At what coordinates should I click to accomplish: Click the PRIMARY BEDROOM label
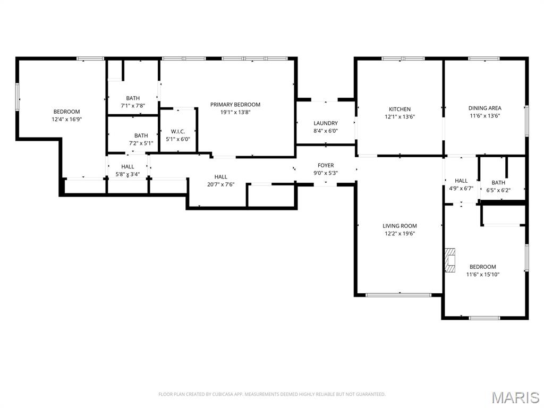(235, 105)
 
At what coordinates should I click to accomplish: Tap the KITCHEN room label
(399, 109)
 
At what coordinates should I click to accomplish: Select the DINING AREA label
(484, 108)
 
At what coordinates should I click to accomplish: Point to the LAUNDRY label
(326, 123)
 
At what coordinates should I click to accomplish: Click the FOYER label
(326, 166)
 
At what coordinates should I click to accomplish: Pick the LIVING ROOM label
(399, 226)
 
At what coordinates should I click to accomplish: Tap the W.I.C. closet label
(177, 132)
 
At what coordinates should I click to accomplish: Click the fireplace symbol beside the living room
(450, 260)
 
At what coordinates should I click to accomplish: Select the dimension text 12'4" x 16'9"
(66, 119)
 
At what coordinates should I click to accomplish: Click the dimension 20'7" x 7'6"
(221, 184)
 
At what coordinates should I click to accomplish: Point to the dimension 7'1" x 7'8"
(133, 106)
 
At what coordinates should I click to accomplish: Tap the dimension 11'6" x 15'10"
(482, 275)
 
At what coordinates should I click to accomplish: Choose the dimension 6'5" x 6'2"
(498, 190)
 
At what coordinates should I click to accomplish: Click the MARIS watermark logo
(515, 397)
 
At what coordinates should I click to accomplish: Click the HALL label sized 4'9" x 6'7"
(461, 181)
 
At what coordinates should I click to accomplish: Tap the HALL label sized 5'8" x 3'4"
(127, 167)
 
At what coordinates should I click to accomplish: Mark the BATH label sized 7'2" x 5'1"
(141, 136)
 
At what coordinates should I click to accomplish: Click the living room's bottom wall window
(399, 295)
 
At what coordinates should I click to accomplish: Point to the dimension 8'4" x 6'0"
(326, 131)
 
